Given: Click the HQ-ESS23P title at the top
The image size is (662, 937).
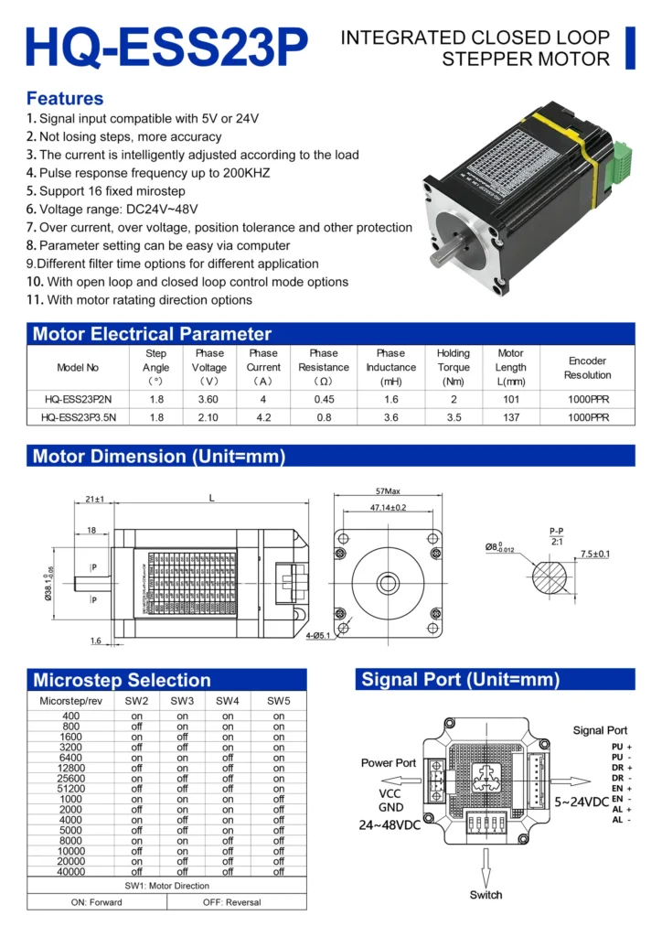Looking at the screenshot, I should [x=166, y=45].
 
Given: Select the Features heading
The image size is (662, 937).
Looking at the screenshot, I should [x=65, y=98].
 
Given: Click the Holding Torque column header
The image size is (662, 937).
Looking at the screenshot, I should [x=453, y=367].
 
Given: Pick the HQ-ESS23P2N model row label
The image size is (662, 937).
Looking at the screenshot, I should [x=77, y=399].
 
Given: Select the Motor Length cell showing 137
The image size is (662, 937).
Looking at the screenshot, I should [x=510, y=417].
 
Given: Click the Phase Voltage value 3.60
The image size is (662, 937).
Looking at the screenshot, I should [x=208, y=399].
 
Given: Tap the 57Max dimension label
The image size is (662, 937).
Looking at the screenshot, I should [x=388, y=491].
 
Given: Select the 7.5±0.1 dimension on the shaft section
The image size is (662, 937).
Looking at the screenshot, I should [x=594, y=554].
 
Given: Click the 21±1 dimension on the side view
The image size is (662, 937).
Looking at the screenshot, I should [x=94, y=500].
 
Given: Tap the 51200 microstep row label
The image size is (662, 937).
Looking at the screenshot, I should [x=71, y=789].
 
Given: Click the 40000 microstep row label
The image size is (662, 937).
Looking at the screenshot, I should [x=71, y=871].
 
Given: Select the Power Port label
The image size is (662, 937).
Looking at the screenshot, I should [x=389, y=762].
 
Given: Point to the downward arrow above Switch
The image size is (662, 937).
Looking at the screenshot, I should [x=486, y=865].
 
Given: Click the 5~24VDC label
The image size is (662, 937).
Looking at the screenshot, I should [x=582, y=802].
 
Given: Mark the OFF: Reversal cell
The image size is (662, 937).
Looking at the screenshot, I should [x=231, y=901].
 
